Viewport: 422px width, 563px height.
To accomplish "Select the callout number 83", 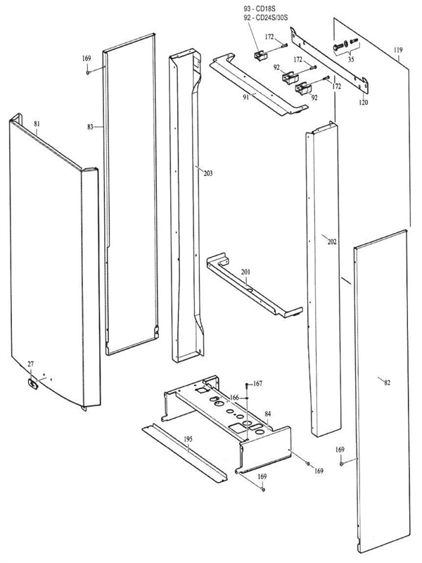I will pyautogui.click(x=91, y=127).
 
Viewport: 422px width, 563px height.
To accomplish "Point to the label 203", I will pyautogui.click(x=207, y=173).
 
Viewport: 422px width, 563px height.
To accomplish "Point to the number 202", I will pyautogui.click(x=332, y=241).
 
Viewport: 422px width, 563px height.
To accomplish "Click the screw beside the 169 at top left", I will pyautogui.click(x=87, y=70).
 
